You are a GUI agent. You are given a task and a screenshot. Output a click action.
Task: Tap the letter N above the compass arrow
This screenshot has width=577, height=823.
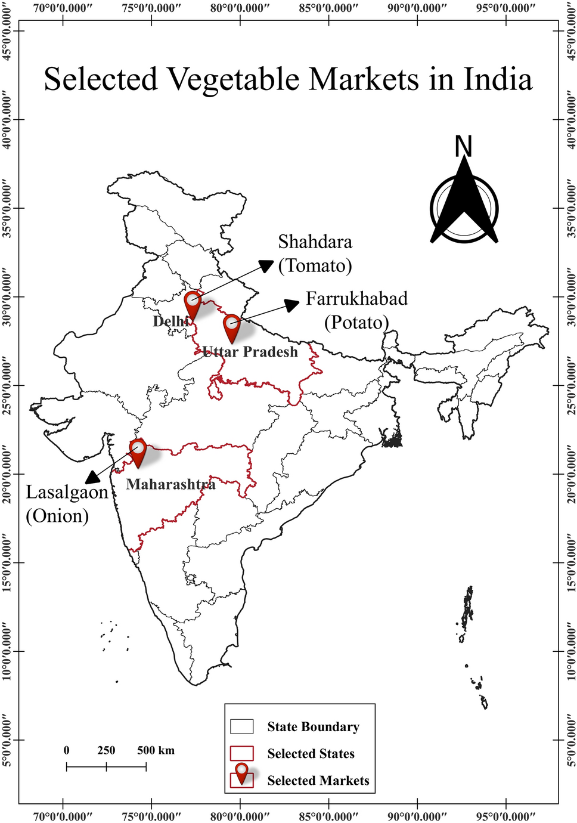[463, 146]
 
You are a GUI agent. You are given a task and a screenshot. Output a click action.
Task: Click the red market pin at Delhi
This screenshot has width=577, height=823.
[193, 304]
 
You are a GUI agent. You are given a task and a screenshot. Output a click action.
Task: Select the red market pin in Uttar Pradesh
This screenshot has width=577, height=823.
[232, 326]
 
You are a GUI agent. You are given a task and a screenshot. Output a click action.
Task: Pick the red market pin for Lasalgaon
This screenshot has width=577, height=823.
[138, 451]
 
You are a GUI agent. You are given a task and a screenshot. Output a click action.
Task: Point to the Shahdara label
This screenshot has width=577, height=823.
[315, 242]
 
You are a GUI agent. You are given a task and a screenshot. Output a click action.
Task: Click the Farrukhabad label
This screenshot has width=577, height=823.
[356, 298]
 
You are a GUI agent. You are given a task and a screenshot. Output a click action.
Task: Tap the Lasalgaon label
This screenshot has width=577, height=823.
[67, 492]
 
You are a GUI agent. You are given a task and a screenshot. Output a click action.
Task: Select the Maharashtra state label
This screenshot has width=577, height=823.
[170, 484]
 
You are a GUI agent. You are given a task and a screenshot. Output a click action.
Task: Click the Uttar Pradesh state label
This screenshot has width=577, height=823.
[250, 352]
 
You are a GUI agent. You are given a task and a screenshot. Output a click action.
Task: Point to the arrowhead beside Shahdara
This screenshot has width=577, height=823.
[266, 265]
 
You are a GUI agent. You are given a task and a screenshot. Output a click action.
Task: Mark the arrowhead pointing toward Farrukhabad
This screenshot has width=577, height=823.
[292, 305]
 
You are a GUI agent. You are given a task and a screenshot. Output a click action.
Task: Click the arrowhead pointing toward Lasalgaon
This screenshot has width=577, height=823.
[92, 477]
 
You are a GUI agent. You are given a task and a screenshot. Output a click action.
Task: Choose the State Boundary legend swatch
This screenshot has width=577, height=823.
[242, 726]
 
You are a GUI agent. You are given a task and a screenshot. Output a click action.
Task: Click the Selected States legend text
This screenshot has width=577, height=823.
[311, 754]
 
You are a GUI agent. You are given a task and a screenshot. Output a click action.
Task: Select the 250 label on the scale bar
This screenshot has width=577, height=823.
[106, 750]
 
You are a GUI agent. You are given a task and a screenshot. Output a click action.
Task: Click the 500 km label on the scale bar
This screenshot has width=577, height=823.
[156, 750]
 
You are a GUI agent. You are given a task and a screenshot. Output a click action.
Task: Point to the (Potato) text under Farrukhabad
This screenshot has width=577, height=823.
[356, 323]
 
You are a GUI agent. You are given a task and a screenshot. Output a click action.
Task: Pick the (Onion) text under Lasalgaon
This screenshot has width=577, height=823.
[57, 516]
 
